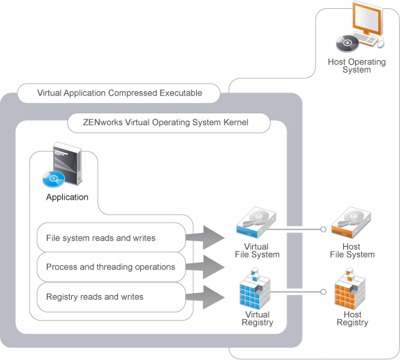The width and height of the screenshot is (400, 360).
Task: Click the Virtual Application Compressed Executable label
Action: click(x=119, y=93)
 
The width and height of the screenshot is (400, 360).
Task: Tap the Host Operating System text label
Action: click(x=356, y=66)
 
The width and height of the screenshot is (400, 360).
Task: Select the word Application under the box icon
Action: click(x=67, y=197)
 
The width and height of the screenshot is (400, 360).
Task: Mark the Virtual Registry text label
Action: click(x=257, y=319)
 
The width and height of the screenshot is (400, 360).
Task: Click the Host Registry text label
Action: click(x=352, y=319)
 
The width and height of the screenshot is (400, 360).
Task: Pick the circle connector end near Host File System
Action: click(x=322, y=229)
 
